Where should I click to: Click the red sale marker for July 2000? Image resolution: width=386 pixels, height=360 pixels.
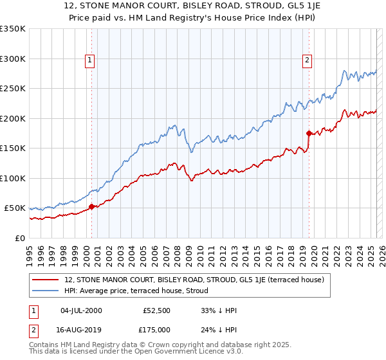[x=91, y=206]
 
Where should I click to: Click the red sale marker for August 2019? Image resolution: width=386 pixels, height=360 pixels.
[x=309, y=134]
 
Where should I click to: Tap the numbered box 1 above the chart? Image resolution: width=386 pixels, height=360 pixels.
[x=90, y=60]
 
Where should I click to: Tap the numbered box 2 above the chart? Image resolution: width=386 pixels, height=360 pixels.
[x=308, y=60]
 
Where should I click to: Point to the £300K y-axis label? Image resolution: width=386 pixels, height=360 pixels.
[x=13, y=59]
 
